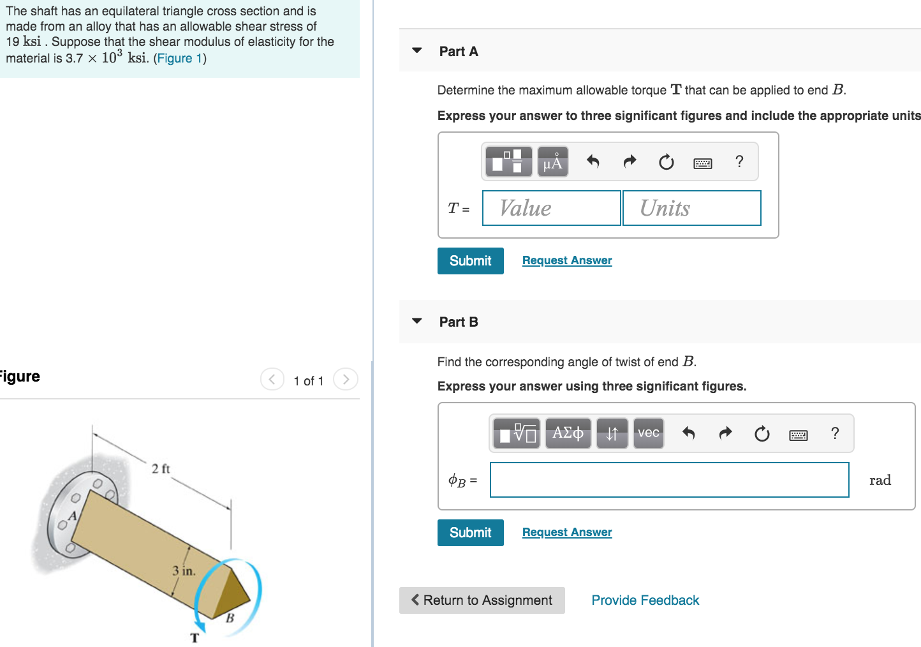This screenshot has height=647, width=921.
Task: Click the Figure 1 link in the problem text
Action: pyautogui.click(x=179, y=59)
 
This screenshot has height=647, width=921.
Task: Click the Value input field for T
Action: pyautogui.click(x=551, y=208)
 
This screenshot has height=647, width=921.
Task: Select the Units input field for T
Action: pyautogui.click(x=691, y=208)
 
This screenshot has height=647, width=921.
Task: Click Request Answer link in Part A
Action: pyautogui.click(x=566, y=260)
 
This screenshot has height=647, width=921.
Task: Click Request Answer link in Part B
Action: pyautogui.click(x=566, y=532)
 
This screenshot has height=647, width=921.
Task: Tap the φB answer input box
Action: pyautogui.click(x=669, y=480)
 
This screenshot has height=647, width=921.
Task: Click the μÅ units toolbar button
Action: pyautogui.click(x=552, y=162)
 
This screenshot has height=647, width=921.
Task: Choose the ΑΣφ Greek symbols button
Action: pyautogui.click(x=568, y=434)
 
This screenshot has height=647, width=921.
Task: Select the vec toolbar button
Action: pyautogui.click(x=648, y=434)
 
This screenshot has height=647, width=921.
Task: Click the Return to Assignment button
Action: pyautogui.click(x=482, y=600)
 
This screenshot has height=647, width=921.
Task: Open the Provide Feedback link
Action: pyautogui.click(x=645, y=600)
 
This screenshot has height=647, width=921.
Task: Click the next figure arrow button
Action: pyautogui.click(x=346, y=380)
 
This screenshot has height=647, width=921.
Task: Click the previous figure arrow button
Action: pyautogui.click(x=272, y=380)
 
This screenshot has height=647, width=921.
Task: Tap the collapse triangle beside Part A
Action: pyautogui.click(x=417, y=50)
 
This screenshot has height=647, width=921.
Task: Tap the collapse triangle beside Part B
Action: pyautogui.click(x=417, y=321)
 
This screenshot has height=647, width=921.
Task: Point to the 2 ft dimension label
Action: pyautogui.click(x=161, y=469)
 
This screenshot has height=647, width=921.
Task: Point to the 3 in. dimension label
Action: pyautogui.click(x=184, y=570)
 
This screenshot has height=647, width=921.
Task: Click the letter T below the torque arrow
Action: pyautogui.click(x=195, y=637)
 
